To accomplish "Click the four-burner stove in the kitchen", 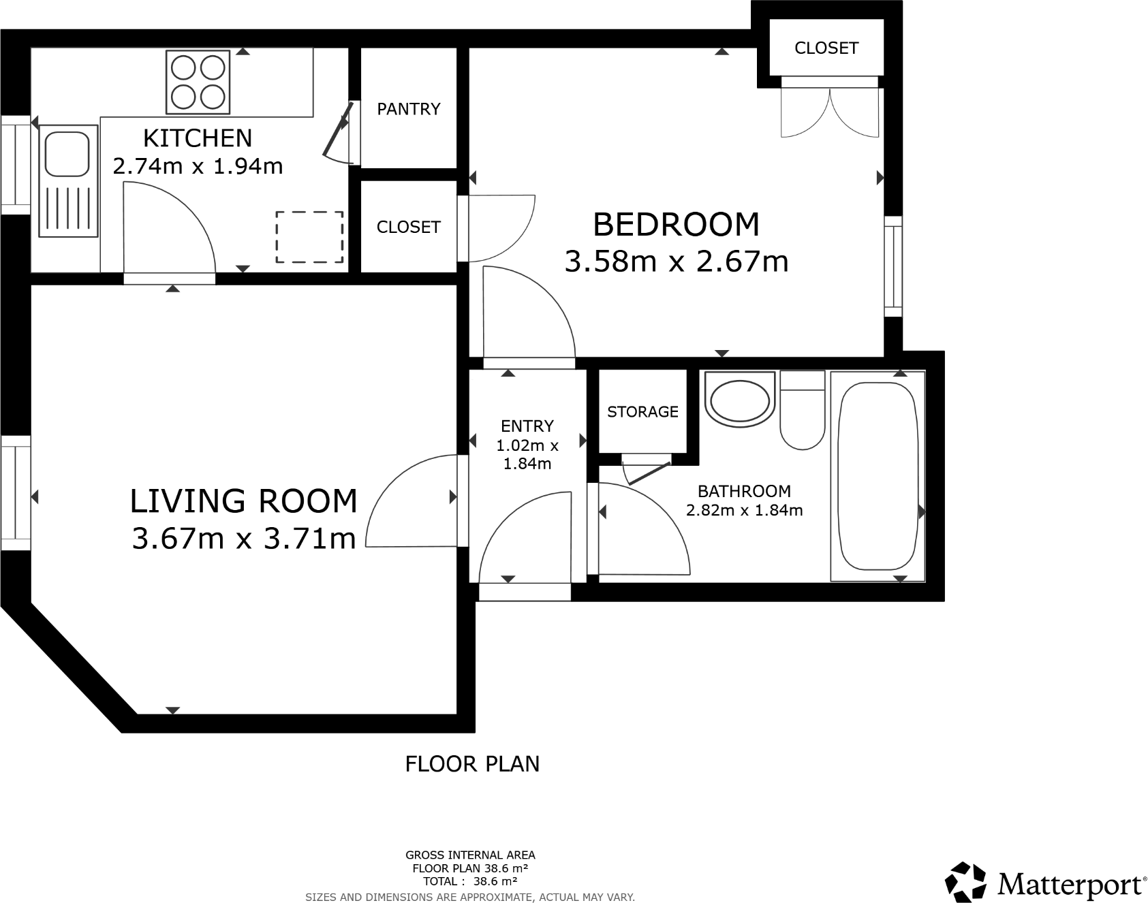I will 198,82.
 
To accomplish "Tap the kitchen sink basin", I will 67,154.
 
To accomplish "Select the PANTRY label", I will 409,109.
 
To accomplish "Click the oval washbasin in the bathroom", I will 740,400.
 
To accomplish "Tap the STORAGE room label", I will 642,412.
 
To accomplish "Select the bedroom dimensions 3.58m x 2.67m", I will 676,262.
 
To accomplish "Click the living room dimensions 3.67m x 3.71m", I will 244,539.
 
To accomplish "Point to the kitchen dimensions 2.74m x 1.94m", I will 198,166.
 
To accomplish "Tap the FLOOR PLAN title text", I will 472,764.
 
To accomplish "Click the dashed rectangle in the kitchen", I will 309,237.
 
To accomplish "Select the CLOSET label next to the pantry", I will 409,227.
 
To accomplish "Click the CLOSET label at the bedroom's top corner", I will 826,48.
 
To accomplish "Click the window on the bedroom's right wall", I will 893,266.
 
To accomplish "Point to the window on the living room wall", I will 15,494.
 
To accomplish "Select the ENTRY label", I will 527,426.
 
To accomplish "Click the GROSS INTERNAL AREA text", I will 470,855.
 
